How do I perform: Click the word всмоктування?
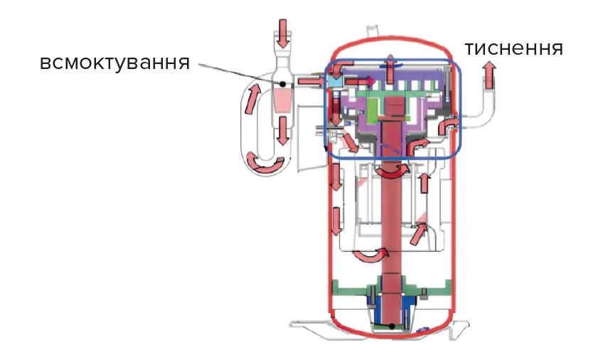coord(114,62)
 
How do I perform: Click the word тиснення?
coord(513,48)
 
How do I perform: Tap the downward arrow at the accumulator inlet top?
coord(283,31)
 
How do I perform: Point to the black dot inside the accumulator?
coord(283,84)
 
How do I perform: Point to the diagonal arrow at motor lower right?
coord(420,232)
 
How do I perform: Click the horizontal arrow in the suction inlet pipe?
coord(310,82)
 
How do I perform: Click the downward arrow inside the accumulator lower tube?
coord(283,129)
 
